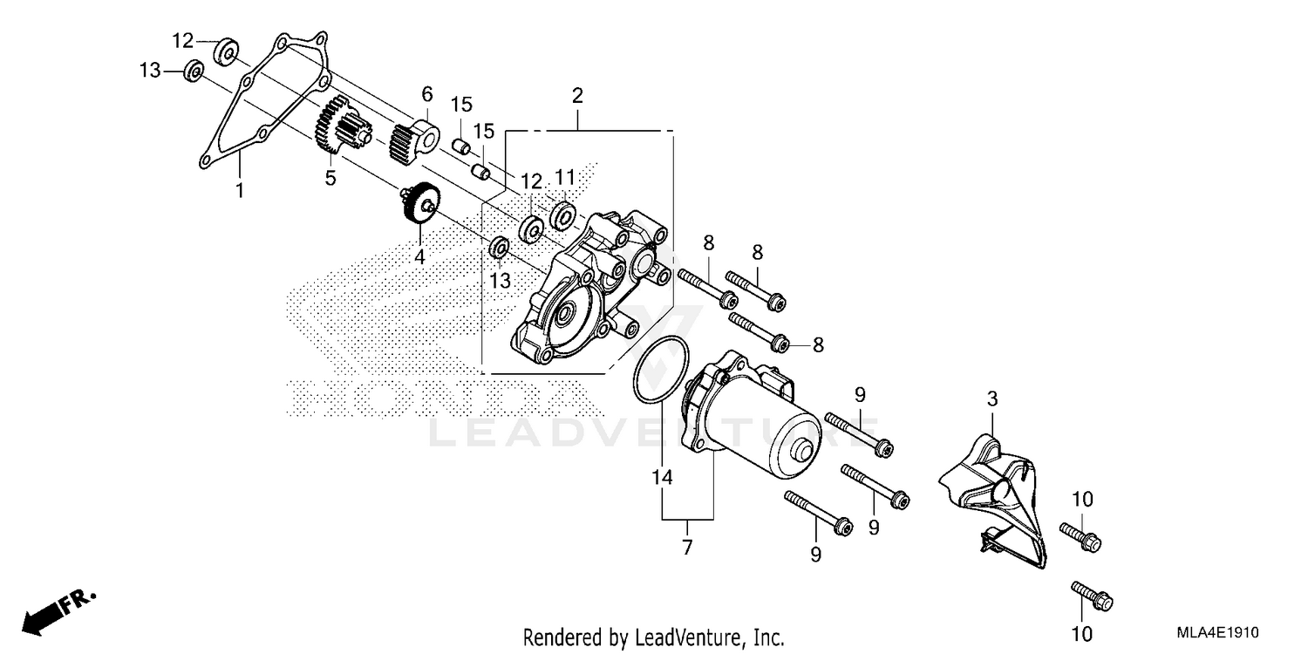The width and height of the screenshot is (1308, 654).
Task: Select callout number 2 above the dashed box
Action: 576,95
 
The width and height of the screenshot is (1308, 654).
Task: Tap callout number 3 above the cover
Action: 991,400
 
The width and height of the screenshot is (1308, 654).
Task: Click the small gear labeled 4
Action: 422,206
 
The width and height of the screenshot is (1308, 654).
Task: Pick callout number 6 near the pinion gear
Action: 427,93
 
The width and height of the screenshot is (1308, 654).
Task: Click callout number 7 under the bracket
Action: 687,548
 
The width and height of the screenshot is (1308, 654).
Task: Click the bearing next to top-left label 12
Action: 226,52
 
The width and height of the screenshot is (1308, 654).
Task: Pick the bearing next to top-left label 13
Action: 194,71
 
